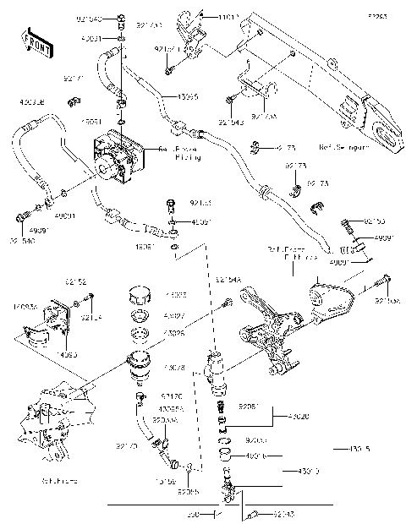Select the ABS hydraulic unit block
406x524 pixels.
118,156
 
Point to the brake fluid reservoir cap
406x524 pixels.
140,298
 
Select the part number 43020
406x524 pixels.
299,417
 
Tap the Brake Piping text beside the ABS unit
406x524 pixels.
187,154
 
